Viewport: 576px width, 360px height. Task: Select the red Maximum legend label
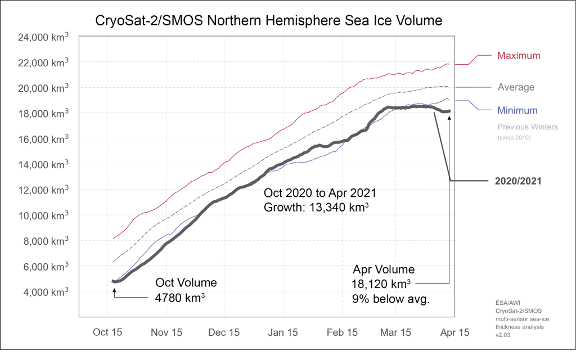519,56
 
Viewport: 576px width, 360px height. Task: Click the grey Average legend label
516,87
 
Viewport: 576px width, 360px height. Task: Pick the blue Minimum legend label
517,111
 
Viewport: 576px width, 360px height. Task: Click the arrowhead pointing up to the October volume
114,290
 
